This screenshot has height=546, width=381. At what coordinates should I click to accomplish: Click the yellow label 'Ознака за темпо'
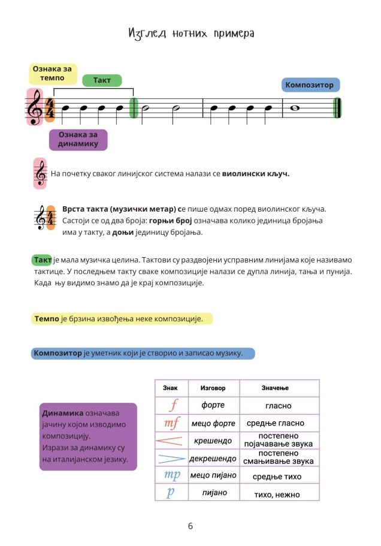(x=53, y=74)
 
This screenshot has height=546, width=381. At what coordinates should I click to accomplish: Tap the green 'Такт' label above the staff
(x=102, y=80)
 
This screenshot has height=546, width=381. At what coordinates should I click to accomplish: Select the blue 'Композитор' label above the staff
(x=310, y=85)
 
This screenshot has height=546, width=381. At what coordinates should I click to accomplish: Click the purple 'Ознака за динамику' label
(x=78, y=140)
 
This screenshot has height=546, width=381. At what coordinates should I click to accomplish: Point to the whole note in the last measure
(x=294, y=108)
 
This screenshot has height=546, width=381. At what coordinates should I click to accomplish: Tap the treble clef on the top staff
(x=35, y=108)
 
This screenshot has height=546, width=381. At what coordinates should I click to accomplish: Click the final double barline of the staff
(x=337, y=108)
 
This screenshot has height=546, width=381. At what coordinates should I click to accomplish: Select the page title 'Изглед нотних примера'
(x=191, y=34)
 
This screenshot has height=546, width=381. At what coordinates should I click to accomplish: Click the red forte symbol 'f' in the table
(x=173, y=406)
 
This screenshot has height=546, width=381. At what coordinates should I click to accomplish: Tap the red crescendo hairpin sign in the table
(x=171, y=441)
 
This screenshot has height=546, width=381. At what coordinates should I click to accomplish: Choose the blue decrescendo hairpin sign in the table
(x=171, y=458)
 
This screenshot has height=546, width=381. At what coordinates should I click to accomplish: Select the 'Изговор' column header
(x=213, y=388)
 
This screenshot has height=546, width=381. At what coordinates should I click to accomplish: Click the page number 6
(x=190, y=527)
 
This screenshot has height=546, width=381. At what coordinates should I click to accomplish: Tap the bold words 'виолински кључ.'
(x=255, y=174)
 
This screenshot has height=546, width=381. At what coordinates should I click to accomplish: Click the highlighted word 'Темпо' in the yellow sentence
(x=46, y=319)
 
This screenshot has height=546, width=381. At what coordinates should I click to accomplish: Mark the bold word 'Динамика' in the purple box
(x=62, y=414)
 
